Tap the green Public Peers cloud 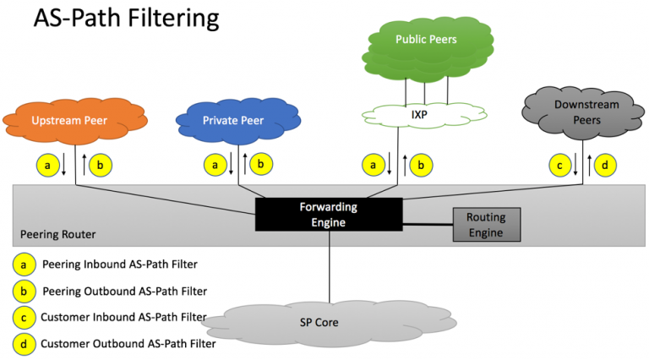pos(426,41)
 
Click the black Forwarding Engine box pos(329,214)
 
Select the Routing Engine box pos(486,225)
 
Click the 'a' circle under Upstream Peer pos(48,165)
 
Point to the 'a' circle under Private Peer pos(216,165)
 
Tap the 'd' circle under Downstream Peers pos(605,165)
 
